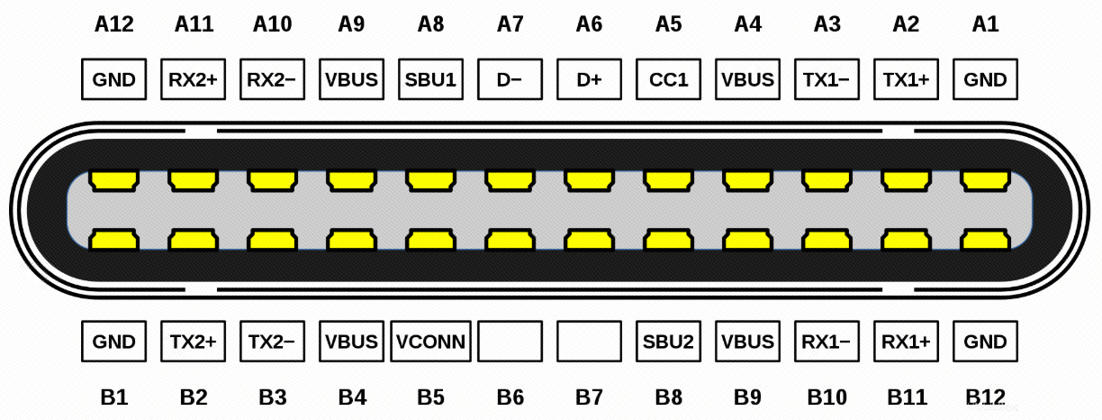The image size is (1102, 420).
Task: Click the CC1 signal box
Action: point(668,79)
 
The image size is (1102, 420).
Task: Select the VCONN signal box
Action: point(430,342)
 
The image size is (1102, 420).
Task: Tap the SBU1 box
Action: point(430,79)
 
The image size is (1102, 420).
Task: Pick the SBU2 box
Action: point(668,342)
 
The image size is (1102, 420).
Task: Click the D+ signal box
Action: point(589,79)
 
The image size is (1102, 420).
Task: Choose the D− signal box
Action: point(510,79)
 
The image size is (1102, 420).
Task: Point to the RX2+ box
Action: point(193,79)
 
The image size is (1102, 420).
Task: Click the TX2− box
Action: point(272,342)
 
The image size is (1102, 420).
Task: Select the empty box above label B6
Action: point(510,342)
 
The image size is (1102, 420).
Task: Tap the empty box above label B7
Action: point(589,342)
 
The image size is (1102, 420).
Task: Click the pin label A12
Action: point(113,25)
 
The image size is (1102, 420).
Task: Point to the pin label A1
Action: point(985,25)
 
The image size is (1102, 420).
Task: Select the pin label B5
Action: point(430,396)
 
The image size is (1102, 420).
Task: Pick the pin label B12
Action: point(985,396)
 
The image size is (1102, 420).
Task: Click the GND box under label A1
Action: point(985,79)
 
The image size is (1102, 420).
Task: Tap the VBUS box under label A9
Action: point(351,79)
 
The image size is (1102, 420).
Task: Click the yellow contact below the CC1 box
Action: point(668,181)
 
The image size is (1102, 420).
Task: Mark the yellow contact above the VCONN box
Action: point(430,240)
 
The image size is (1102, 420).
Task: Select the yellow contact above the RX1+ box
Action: point(906,240)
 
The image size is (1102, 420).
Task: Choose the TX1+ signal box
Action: point(906,79)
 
